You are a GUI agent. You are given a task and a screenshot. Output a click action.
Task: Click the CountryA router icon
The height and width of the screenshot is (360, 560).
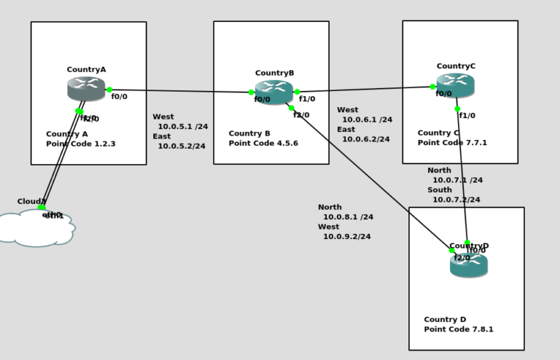86,89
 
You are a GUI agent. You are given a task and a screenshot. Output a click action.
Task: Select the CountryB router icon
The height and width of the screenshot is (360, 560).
274,92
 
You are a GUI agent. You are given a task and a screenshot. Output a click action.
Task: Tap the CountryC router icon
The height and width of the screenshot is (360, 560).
456,85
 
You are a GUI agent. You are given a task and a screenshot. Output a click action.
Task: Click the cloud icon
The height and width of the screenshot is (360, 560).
36,227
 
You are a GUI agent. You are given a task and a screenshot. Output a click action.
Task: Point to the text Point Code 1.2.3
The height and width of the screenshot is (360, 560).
81,144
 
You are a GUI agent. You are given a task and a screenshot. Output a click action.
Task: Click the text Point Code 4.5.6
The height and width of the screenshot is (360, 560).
263,144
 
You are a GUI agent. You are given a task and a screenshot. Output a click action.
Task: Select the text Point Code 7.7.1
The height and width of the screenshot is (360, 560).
452,143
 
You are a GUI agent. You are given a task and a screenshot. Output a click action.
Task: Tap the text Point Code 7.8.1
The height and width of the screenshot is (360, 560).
459,329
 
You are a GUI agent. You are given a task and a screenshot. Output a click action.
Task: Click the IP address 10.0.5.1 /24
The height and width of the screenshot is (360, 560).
182,127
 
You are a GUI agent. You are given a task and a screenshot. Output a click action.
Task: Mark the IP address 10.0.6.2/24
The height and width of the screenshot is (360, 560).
366,139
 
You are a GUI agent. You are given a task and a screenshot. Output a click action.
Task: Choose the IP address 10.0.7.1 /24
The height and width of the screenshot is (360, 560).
457,180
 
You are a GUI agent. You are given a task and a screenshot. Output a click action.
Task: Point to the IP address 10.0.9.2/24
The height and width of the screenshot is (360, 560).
347,237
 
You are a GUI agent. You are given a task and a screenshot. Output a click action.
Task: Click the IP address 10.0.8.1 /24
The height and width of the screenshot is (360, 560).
348,217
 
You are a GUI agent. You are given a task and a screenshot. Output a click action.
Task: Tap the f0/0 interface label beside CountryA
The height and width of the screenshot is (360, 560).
120,96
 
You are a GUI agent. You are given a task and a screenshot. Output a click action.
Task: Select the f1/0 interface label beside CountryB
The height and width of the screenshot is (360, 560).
308,99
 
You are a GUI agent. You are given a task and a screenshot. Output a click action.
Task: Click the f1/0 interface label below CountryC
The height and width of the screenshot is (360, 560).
467,116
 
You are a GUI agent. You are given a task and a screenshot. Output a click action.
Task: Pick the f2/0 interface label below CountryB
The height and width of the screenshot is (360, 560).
301,115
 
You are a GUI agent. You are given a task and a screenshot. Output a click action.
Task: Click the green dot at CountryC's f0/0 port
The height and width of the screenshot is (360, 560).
433,87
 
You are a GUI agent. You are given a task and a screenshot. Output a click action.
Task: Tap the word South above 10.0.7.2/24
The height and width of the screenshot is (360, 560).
439,190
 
